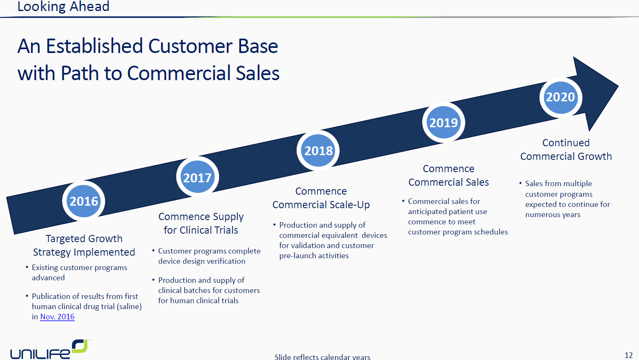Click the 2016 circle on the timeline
(83, 201)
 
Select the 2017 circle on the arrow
(197, 177)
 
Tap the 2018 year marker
(318, 151)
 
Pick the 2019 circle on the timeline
(444, 123)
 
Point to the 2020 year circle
(561, 98)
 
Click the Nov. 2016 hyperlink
(57, 317)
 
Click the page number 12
(629, 355)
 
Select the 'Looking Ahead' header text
(63, 6)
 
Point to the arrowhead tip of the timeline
(618, 86)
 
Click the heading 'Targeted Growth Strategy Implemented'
(84, 245)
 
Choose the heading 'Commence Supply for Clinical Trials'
(201, 223)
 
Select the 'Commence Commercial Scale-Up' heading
(321, 198)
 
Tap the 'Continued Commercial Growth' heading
(566, 150)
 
